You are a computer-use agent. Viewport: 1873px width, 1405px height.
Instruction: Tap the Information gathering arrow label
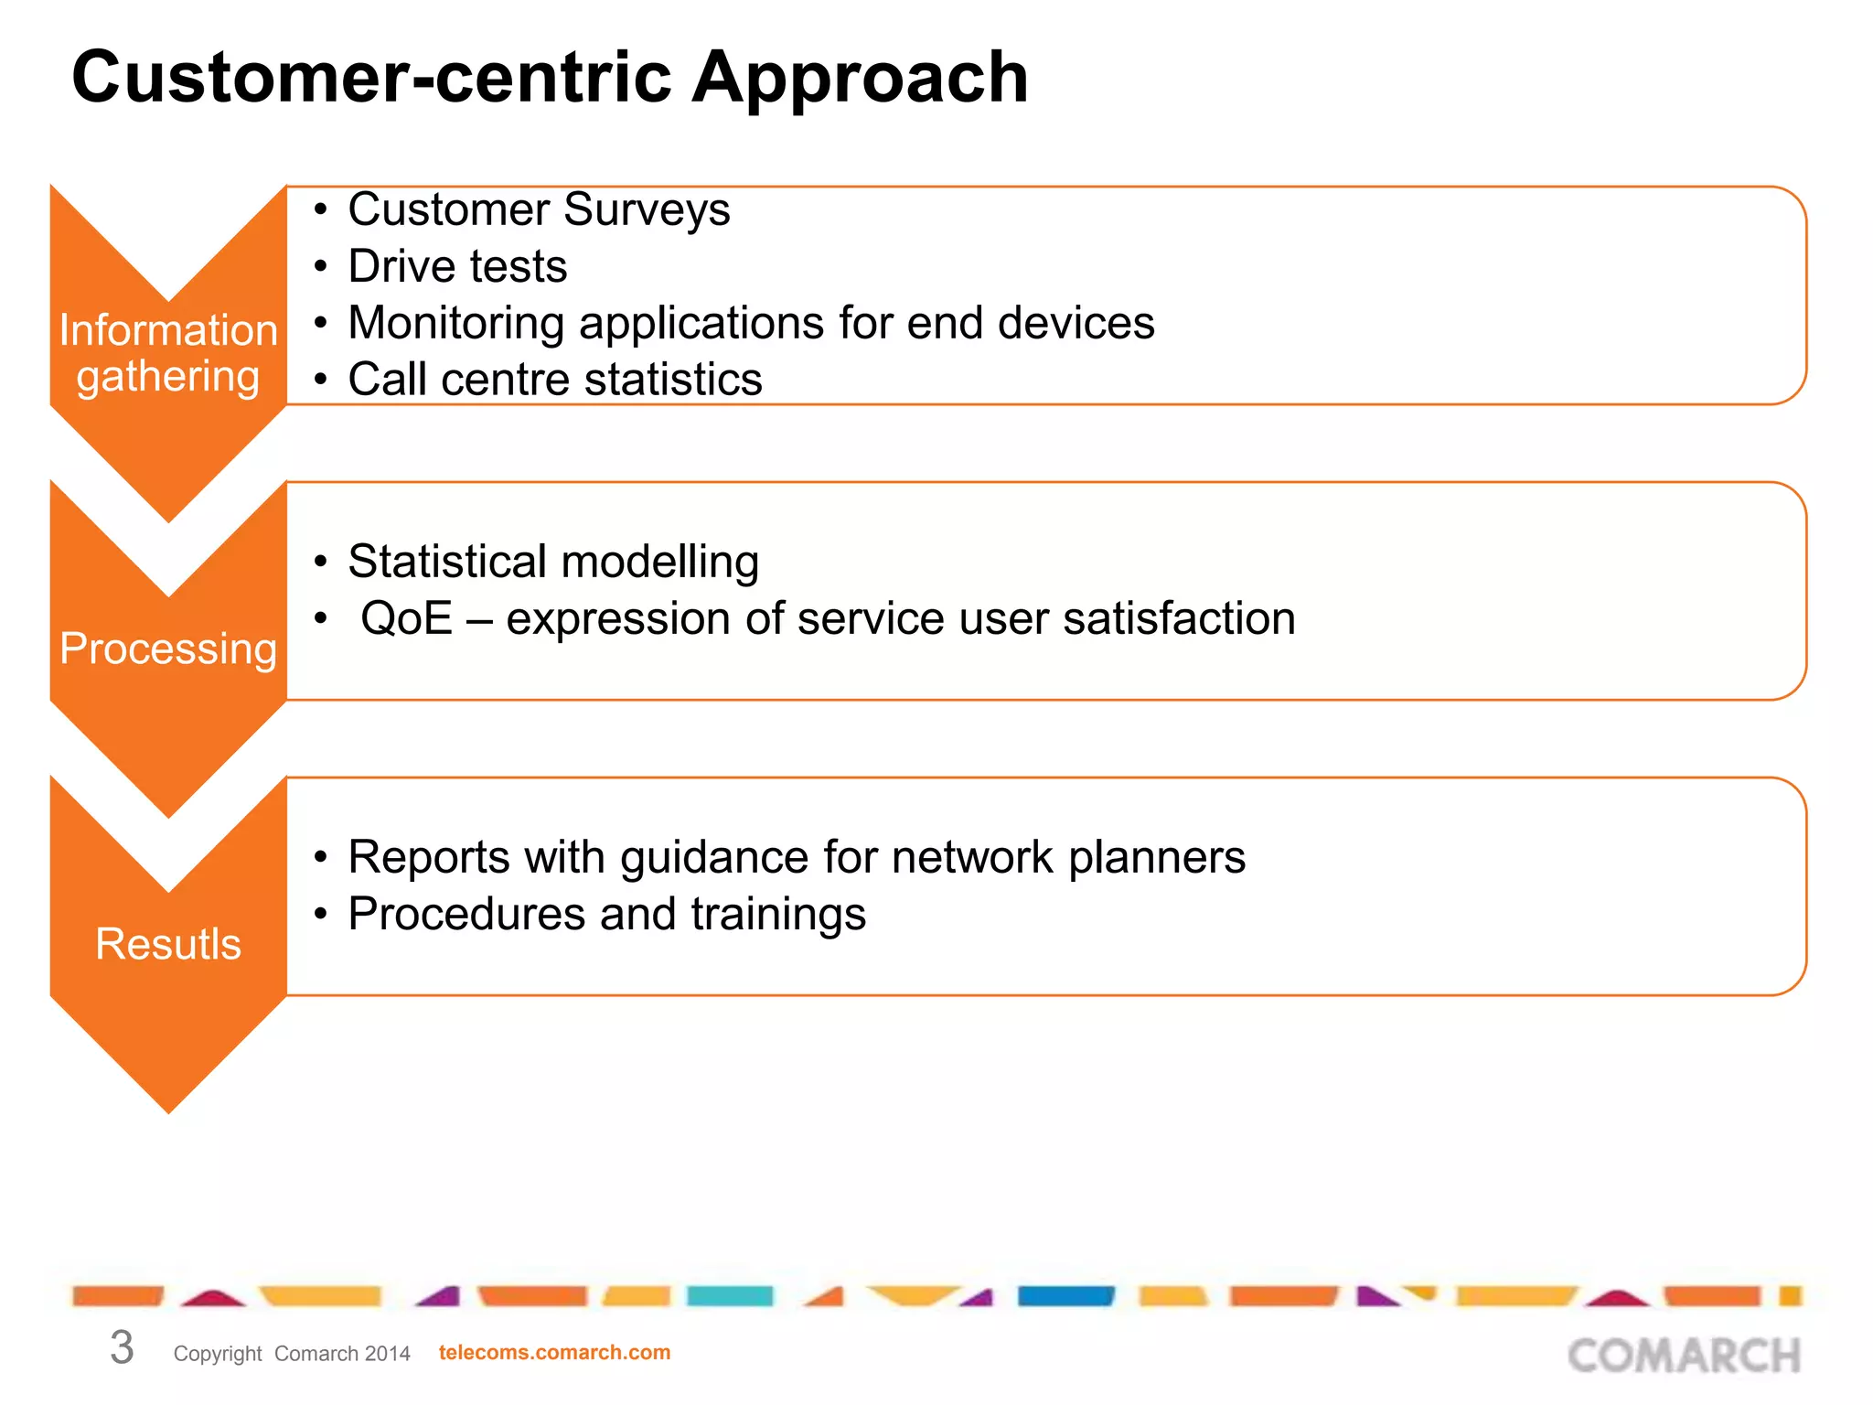[168, 353]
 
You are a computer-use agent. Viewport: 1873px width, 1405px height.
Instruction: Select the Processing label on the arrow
[168, 649]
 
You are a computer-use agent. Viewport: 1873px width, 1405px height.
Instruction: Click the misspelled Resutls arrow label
[168, 944]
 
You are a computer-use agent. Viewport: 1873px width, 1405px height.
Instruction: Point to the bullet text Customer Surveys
[539, 209]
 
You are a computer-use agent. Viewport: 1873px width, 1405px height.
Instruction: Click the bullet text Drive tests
[457, 266]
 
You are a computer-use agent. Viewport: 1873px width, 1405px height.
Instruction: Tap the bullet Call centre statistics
[554, 380]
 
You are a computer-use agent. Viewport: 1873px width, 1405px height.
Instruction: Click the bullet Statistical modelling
[553, 562]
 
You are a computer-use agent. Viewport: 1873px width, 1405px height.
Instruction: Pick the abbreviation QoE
[406, 618]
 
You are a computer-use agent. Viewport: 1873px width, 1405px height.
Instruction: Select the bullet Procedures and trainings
[606, 915]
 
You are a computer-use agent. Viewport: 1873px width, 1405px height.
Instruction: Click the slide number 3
[122, 1347]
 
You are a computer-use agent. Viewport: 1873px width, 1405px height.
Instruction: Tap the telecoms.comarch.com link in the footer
[554, 1352]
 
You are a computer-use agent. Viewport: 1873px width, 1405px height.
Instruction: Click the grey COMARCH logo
[1684, 1356]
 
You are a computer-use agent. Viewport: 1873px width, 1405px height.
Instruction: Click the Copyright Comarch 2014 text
[292, 1353]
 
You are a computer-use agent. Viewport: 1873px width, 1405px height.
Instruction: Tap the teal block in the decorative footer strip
[730, 1295]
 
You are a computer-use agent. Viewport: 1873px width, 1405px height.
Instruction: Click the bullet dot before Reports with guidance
[320, 858]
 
